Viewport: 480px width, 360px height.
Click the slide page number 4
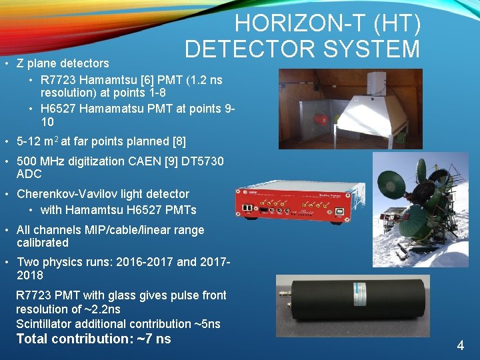pyautogui.click(x=460, y=345)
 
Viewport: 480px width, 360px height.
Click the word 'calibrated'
pyautogui.click(x=43, y=243)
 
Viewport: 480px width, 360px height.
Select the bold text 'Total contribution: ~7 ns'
pyautogui.click(x=93, y=339)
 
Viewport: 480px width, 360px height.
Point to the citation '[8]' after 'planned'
pyautogui.click(x=179, y=141)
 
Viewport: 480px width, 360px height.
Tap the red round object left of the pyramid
pyautogui.click(x=324, y=121)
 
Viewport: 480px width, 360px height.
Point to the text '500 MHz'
pyautogui.click(x=38, y=161)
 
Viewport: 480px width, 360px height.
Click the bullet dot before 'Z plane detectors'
pyautogui.click(x=5, y=64)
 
